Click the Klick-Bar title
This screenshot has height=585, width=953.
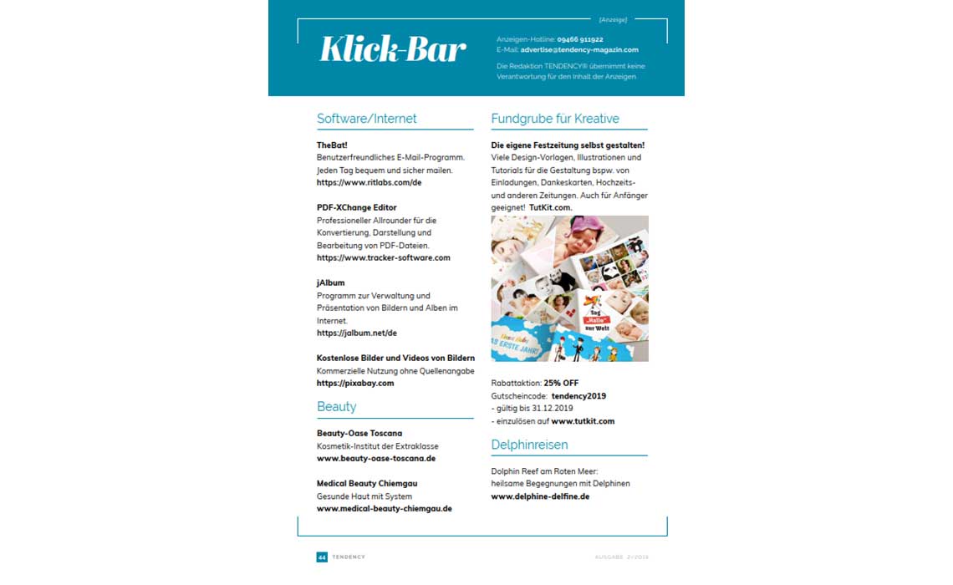[x=392, y=49]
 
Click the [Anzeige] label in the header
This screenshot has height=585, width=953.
[x=613, y=19]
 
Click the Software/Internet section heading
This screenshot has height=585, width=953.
[x=366, y=119]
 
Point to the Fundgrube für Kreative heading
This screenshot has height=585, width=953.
[x=555, y=119]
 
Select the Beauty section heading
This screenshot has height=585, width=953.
[x=336, y=407]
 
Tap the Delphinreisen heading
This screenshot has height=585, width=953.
[x=529, y=445]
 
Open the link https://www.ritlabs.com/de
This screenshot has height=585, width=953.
[x=369, y=182]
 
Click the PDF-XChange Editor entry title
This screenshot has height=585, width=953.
[x=356, y=207]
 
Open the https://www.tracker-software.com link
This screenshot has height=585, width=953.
[x=383, y=258]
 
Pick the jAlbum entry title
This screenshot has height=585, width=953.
[x=330, y=283]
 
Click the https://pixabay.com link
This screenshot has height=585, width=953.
[x=354, y=384]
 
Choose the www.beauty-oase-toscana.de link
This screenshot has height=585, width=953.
[x=375, y=459]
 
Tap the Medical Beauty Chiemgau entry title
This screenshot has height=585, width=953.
[x=366, y=484]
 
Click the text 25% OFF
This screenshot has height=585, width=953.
[x=561, y=384]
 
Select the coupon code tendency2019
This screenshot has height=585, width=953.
[x=578, y=396]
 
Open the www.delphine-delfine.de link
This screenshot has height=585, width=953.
[x=540, y=496]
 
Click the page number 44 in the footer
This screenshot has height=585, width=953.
[x=321, y=557]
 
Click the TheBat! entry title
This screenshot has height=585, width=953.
[x=332, y=145]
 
